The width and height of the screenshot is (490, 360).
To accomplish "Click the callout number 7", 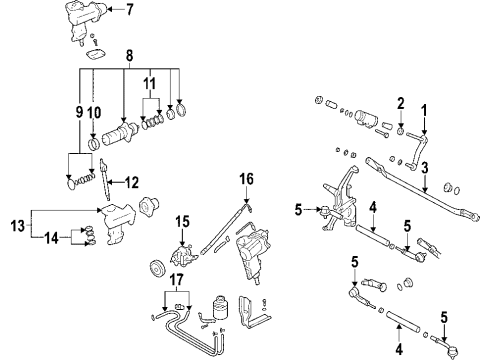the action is (x=129, y=9).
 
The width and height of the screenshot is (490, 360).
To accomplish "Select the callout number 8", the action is (x=129, y=56).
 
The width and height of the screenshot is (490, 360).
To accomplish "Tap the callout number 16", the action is (x=246, y=179).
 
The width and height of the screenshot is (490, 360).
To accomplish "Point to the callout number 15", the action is (x=182, y=222).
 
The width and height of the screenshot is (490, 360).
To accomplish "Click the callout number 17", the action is (x=177, y=280).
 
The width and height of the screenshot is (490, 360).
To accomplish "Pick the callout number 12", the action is (x=132, y=183).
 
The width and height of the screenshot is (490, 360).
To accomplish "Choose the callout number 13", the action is (x=18, y=226).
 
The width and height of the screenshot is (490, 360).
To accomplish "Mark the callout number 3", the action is (x=424, y=168).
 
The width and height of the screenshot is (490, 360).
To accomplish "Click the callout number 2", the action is (x=401, y=104).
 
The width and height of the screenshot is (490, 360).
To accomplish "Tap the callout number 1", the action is (x=424, y=110).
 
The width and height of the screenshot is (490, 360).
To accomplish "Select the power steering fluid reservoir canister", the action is (x=219, y=307).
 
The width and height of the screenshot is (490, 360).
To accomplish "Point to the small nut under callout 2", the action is (x=401, y=131).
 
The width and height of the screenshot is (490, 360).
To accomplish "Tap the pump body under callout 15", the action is (x=182, y=256).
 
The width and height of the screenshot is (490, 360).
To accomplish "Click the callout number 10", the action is (x=94, y=113).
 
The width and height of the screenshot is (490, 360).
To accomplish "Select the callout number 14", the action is (x=51, y=238).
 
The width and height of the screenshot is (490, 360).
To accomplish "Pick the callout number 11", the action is (x=150, y=83).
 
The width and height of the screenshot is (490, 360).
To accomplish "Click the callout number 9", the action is (x=79, y=112).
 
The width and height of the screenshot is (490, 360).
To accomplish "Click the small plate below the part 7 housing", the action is (x=96, y=53).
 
